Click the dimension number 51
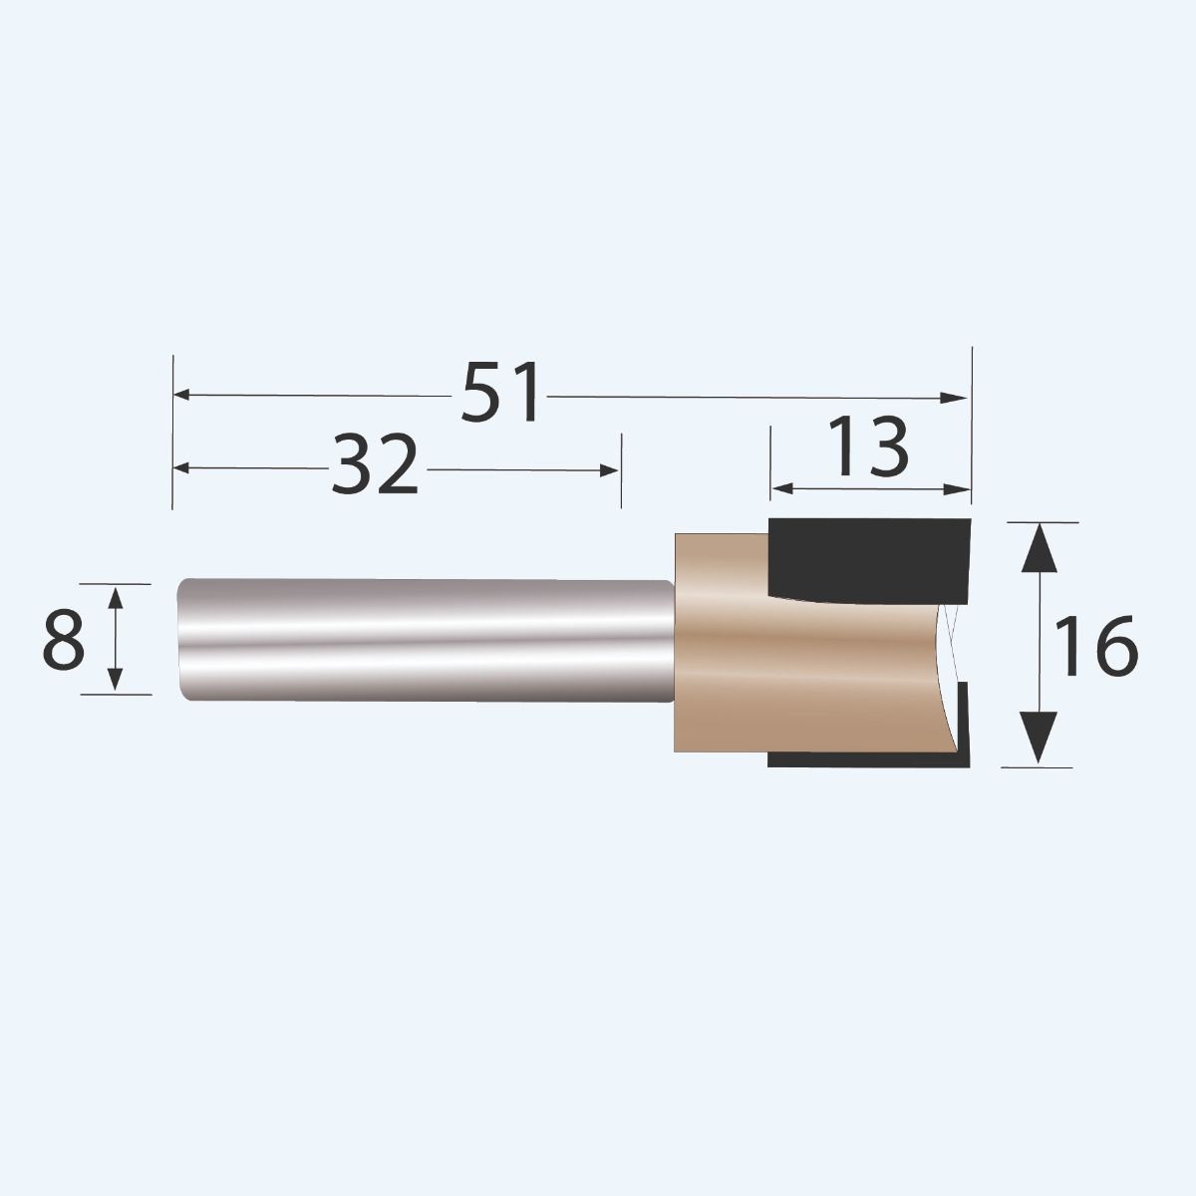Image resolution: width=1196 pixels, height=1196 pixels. [503, 394]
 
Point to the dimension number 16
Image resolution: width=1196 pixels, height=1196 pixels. [1095, 646]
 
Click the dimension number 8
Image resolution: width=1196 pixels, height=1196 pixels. [63, 640]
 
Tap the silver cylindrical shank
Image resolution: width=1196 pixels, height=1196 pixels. [419, 638]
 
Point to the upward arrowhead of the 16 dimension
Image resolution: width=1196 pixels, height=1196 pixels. [1040, 546]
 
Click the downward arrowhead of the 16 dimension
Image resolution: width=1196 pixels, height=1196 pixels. [1040, 742]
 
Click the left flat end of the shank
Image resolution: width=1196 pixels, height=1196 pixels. [180, 638]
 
